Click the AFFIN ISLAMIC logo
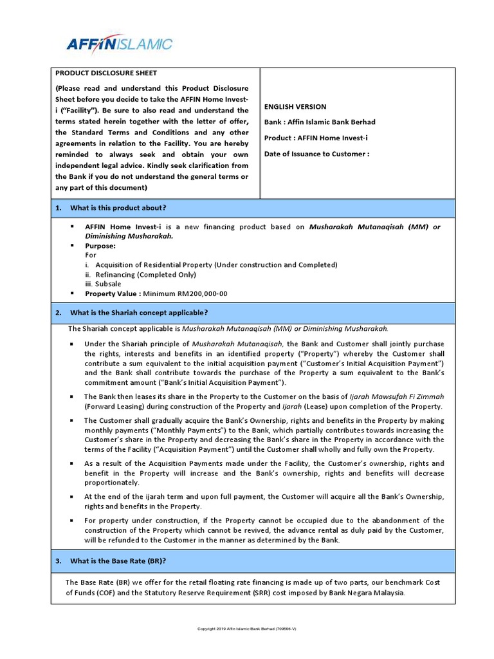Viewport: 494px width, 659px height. [120, 44]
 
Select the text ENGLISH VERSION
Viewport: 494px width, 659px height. [295, 107]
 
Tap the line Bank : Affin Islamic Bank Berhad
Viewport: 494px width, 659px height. [320, 122]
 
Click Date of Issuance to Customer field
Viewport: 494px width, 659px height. [316, 154]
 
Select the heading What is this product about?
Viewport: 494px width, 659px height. [118, 208]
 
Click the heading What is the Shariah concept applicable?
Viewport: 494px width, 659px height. [139, 313]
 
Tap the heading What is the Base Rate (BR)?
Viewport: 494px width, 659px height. [118, 561]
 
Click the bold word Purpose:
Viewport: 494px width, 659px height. [100, 246]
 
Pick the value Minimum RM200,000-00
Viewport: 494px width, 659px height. [185, 293]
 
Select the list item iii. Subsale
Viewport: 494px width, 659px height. [103, 284]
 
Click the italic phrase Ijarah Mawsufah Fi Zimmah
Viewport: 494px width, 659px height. [397, 397]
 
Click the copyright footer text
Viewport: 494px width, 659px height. [246, 629]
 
